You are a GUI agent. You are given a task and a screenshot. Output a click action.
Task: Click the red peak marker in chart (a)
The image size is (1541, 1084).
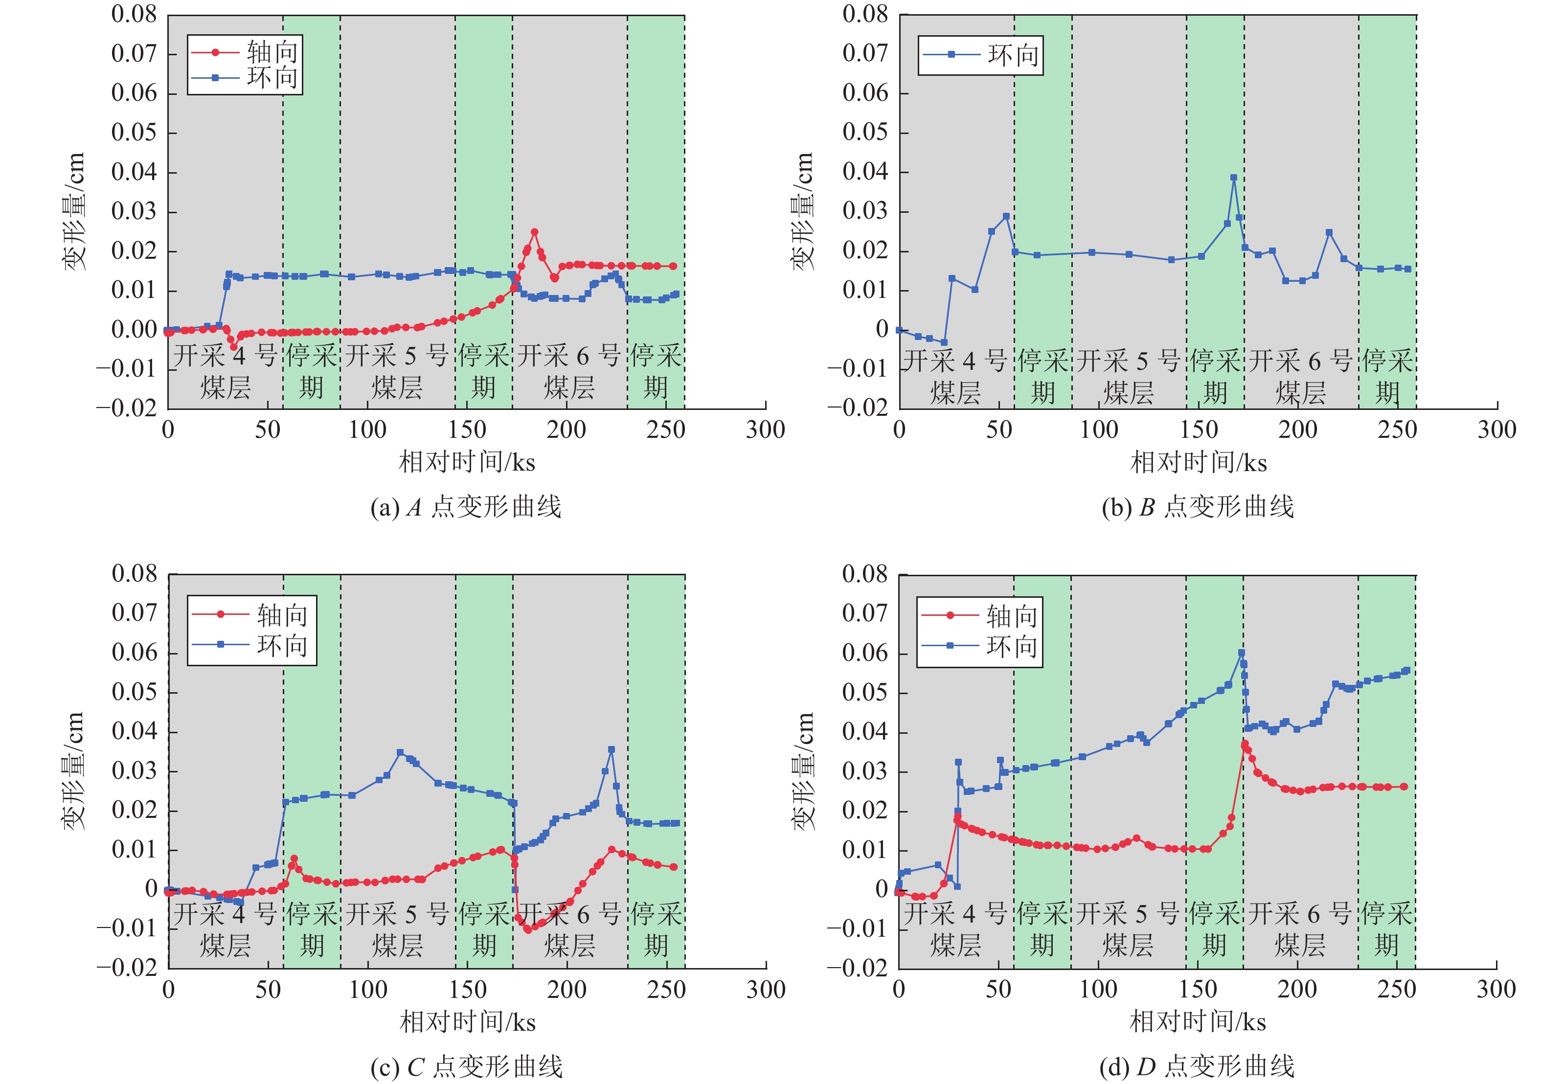(x=534, y=232)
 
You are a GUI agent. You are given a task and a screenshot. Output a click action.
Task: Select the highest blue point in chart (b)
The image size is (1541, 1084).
(x=1234, y=178)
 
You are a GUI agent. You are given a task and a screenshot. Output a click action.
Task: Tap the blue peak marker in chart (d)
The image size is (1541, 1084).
(x=1241, y=653)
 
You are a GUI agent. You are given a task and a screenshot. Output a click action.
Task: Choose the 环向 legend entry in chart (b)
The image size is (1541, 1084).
(x=980, y=55)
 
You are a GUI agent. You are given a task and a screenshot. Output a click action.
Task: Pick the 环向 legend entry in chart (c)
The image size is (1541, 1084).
(x=251, y=646)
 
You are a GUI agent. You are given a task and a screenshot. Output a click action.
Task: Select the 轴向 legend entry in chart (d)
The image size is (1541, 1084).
(x=980, y=615)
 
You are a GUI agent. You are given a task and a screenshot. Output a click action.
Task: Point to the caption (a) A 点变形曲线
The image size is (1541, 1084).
(x=466, y=507)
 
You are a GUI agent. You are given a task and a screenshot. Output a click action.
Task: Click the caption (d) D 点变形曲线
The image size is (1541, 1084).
(x=1198, y=1066)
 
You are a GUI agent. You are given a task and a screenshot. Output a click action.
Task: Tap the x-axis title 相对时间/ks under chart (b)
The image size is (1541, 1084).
(x=1199, y=462)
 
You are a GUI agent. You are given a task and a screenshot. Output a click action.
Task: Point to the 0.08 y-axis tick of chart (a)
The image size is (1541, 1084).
(x=134, y=14)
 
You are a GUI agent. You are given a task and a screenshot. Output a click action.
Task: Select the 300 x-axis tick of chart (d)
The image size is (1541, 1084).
(x=1496, y=990)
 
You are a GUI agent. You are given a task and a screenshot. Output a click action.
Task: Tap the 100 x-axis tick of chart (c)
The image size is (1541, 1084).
(x=368, y=990)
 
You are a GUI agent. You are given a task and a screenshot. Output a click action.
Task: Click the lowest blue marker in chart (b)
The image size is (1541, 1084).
(x=944, y=342)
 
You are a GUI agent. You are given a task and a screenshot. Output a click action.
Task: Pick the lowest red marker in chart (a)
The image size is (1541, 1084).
(x=233, y=347)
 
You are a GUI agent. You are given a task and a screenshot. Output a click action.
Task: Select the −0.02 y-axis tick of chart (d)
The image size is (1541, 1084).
(x=857, y=968)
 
